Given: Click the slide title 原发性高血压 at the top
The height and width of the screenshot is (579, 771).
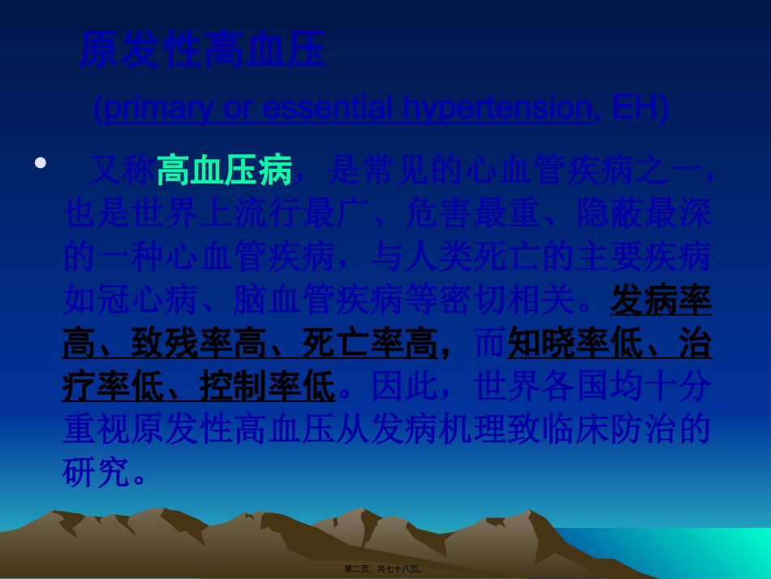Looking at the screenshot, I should (202, 50).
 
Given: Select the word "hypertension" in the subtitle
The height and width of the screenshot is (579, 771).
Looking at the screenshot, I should (494, 108).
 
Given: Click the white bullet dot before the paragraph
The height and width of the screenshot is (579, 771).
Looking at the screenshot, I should (41, 162).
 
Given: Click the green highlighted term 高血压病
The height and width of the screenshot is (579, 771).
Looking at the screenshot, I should (224, 171).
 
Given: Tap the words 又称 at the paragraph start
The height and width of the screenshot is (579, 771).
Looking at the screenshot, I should (122, 171).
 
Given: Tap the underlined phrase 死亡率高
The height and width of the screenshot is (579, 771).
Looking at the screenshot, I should (369, 345).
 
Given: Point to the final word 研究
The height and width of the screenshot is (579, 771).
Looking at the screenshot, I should (97, 473).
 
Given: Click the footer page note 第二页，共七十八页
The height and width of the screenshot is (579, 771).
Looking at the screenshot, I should (383, 569).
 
